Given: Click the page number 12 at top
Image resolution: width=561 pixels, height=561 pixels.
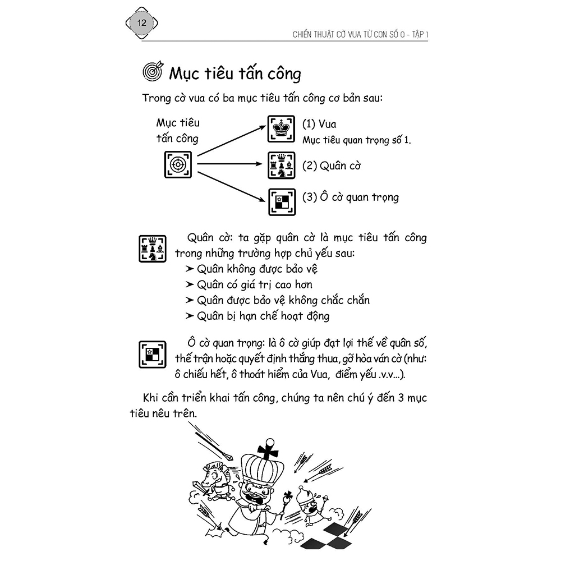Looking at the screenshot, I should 141,24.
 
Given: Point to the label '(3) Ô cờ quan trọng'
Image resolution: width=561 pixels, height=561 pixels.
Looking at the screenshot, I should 350,197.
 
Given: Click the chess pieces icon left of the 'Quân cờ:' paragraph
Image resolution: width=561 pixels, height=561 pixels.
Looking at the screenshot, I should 152,249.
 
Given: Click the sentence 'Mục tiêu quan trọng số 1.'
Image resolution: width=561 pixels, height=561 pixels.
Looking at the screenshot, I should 356,140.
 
